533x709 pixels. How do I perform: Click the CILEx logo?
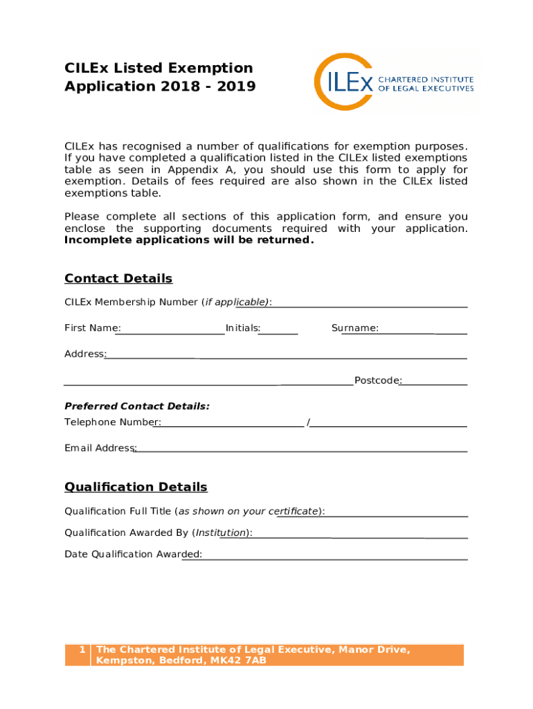pos(395,82)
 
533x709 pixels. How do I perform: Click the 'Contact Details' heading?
pos(118,278)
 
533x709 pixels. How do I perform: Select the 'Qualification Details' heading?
pos(136,487)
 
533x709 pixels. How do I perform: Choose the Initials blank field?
pos(279,331)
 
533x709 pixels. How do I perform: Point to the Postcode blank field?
pos(434,382)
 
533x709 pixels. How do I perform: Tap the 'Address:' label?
pos(84,354)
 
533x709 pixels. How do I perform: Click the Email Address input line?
pos(301,449)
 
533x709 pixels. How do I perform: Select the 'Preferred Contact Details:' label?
pos(137,406)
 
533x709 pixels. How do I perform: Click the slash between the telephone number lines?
pos(308,422)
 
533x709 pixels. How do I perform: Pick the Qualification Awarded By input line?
pos(359,535)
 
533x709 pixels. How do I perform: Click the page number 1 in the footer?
pos(82,649)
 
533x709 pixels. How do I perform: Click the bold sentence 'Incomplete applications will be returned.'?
pos(189,240)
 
